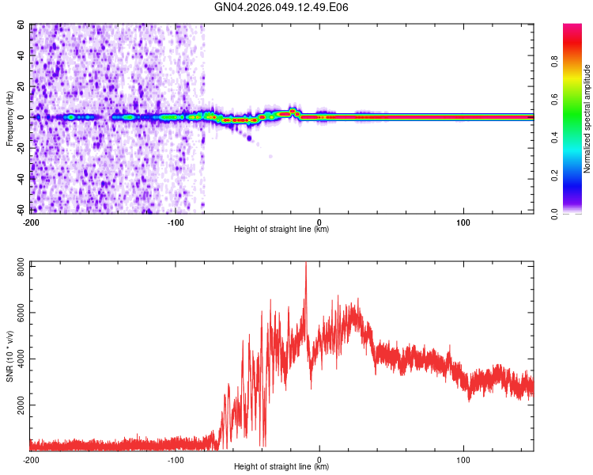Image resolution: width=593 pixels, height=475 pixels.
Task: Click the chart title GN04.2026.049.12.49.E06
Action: [x=281, y=7]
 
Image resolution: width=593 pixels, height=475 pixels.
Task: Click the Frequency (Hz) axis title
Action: [x=10, y=119]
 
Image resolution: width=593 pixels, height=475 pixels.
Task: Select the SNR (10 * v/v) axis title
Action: [x=10, y=356]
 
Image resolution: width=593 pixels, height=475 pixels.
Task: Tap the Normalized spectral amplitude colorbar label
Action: [x=587, y=119]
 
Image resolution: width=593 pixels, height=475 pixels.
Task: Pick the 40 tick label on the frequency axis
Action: [x=22, y=55]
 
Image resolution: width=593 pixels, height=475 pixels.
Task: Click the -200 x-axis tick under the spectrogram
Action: [x=32, y=222]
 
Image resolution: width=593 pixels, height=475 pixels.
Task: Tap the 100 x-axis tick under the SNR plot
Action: [x=463, y=459]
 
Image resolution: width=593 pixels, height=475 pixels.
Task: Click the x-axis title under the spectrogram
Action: [x=281, y=230]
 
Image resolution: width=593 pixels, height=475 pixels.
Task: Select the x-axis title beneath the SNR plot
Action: [x=281, y=467]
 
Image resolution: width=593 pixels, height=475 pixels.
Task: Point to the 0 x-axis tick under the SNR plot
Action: [x=319, y=459]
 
